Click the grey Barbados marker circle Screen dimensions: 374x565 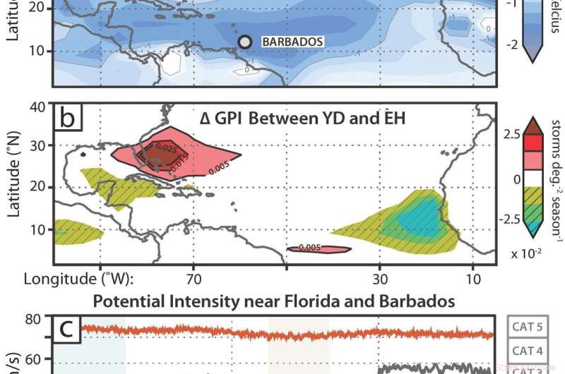245,42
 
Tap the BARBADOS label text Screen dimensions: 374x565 292,42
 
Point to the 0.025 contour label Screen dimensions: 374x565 165,150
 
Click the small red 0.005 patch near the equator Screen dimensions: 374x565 319,248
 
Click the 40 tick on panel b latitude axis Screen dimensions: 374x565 37,107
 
